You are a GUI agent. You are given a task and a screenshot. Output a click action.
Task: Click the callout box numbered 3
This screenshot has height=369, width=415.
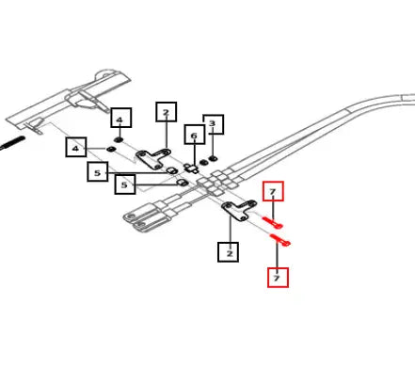(x=214, y=124)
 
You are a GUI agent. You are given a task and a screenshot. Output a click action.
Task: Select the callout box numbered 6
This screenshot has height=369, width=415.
(x=195, y=135)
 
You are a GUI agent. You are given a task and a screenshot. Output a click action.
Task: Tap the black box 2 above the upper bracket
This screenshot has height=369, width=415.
(x=167, y=112)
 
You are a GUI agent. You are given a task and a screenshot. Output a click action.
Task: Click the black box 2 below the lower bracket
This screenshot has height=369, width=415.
(x=228, y=251)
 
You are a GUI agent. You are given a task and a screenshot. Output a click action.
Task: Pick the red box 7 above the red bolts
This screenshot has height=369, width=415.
(x=273, y=191)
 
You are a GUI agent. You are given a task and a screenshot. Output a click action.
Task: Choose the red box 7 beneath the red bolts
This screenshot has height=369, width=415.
(x=278, y=278)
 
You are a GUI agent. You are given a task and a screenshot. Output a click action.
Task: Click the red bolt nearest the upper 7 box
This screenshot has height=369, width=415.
(x=273, y=222)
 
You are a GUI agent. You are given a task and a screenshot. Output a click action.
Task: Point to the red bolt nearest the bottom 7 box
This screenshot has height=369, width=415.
(x=280, y=240)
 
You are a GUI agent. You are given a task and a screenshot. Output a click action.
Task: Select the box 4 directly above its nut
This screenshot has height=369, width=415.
(x=121, y=118)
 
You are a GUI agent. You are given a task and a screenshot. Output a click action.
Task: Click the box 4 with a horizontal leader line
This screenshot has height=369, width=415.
(x=76, y=147)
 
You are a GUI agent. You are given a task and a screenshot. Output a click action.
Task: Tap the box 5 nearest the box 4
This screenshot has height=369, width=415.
(x=98, y=171)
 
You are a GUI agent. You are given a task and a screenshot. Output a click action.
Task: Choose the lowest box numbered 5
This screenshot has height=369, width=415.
(x=125, y=184)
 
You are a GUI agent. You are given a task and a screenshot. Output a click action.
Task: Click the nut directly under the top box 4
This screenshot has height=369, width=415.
(x=119, y=139)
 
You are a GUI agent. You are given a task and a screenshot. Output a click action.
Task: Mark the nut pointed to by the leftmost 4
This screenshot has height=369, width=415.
(x=110, y=149)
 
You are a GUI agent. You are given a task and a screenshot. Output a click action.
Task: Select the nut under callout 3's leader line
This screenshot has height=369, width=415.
(x=214, y=158)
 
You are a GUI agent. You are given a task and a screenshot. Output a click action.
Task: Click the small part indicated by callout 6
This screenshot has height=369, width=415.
(x=191, y=168)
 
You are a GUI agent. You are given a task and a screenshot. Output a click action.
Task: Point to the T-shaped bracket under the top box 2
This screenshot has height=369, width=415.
(x=153, y=158)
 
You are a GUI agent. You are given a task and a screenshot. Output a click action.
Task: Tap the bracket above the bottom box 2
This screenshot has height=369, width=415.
(x=239, y=210)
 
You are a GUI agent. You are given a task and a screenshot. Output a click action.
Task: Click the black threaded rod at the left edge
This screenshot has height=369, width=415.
(x=12, y=142)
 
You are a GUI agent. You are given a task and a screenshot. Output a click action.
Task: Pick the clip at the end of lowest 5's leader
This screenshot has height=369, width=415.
(x=182, y=183)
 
